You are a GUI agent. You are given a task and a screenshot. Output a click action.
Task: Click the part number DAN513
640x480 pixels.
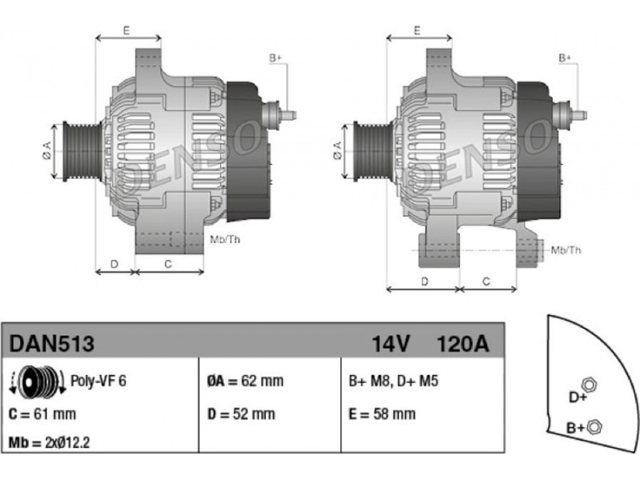[53, 344]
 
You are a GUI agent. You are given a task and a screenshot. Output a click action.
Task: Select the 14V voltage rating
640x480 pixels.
[391, 344]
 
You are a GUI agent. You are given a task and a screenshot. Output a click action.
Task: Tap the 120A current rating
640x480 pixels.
[462, 344]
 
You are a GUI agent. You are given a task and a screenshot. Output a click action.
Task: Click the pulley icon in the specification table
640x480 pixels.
[36, 382]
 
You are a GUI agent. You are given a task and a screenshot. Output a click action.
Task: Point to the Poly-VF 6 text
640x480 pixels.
[98, 381]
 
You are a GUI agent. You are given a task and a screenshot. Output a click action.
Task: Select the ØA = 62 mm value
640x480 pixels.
[245, 382]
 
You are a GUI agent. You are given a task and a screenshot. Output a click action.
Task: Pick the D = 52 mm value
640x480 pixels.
[241, 414]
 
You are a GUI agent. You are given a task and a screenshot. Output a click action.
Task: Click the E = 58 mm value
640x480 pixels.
[382, 414]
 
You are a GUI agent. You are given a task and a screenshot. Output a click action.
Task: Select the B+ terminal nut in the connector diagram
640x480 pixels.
[594, 426]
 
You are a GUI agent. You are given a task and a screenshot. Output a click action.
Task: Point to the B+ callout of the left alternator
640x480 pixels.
[275, 58]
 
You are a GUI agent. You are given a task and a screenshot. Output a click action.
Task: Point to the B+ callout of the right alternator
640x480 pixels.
[564, 58]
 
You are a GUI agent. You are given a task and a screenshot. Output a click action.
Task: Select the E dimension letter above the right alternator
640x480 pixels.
[418, 30]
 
